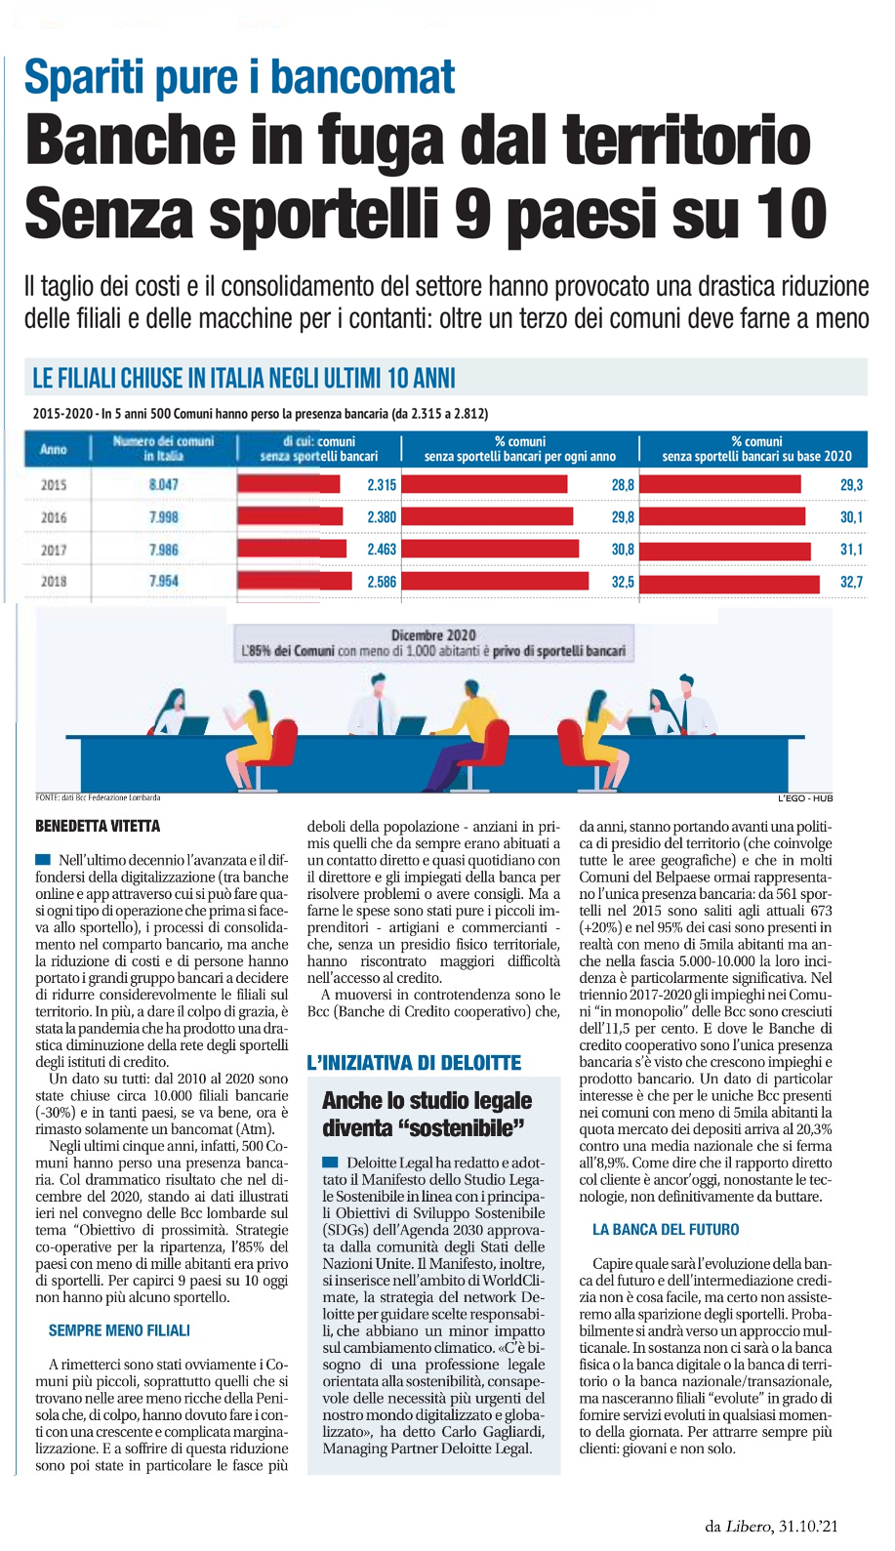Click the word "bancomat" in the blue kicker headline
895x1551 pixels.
(362, 78)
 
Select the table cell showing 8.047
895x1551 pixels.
(164, 485)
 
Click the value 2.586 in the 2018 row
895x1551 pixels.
(382, 582)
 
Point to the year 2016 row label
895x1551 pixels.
(54, 517)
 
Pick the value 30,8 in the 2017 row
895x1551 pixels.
(623, 550)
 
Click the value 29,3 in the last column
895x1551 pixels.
(851, 485)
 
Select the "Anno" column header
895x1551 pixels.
(54, 449)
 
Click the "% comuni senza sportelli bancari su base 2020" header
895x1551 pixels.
(756, 449)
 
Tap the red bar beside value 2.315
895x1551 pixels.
(289, 485)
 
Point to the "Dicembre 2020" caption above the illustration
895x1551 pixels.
(433, 635)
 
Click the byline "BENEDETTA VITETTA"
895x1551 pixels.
(98, 827)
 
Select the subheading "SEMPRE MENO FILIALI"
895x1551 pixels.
(119, 1330)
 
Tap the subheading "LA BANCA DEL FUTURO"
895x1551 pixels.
(666, 1230)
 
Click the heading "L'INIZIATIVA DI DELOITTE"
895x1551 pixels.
(414, 1063)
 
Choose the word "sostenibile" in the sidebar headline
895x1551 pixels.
(465, 1128)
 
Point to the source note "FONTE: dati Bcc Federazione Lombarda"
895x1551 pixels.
(98, 797)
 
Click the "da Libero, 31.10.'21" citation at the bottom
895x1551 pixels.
(771, 1526)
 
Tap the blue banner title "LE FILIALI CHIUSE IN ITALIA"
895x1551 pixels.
(244, 379)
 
